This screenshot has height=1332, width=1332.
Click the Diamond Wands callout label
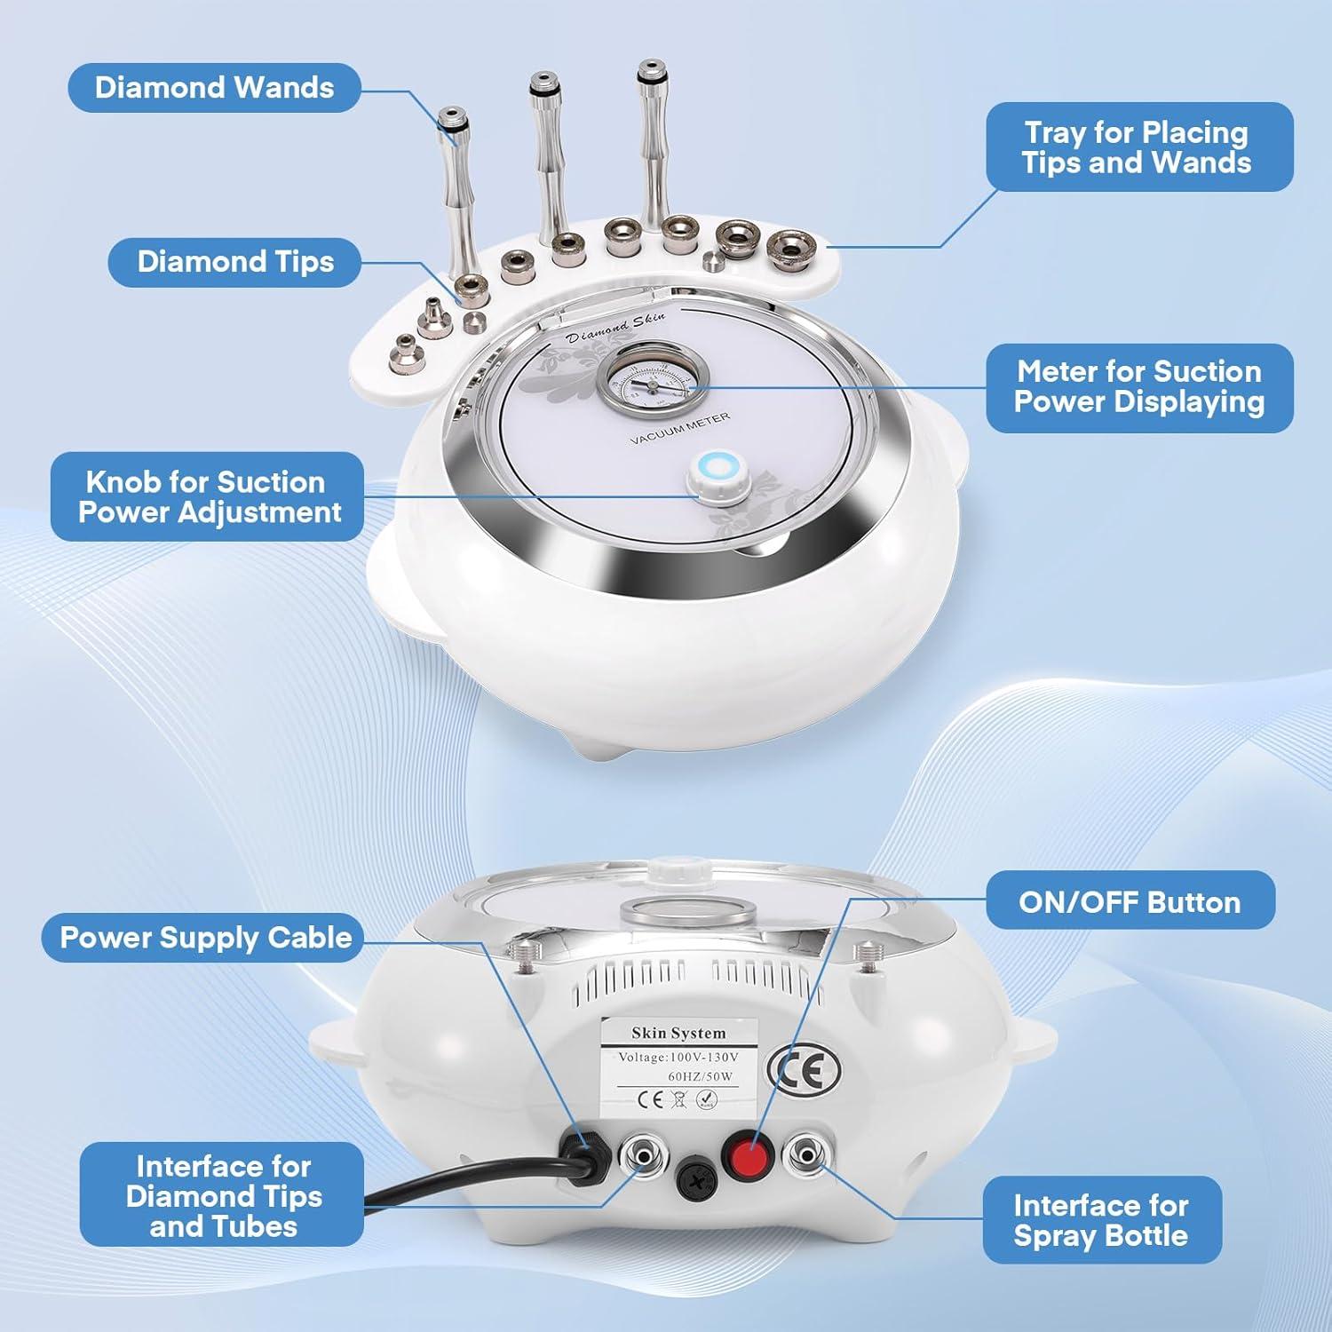tap(214, 88)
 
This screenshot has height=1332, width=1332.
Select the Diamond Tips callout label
tap(234, 262)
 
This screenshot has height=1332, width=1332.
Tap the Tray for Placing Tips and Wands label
tap(1138, 147)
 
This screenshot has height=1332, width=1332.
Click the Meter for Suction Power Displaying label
tap(1138, 387)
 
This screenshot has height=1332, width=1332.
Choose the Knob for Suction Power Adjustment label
tap(208, 497)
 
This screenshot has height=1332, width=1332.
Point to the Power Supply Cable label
tap(204, 938)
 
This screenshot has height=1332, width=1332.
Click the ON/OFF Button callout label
tap(1129, 902)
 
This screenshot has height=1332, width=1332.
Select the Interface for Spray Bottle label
tap(1101, 1220)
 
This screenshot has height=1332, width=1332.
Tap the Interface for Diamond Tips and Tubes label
tap(223, 1195)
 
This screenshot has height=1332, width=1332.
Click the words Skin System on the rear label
tap(678, 1033)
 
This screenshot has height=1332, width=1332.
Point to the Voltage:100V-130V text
tap(678, 1058)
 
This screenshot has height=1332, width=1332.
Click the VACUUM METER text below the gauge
tap(680, 428)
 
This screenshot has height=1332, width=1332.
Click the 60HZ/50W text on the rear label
tap(700, 1076)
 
